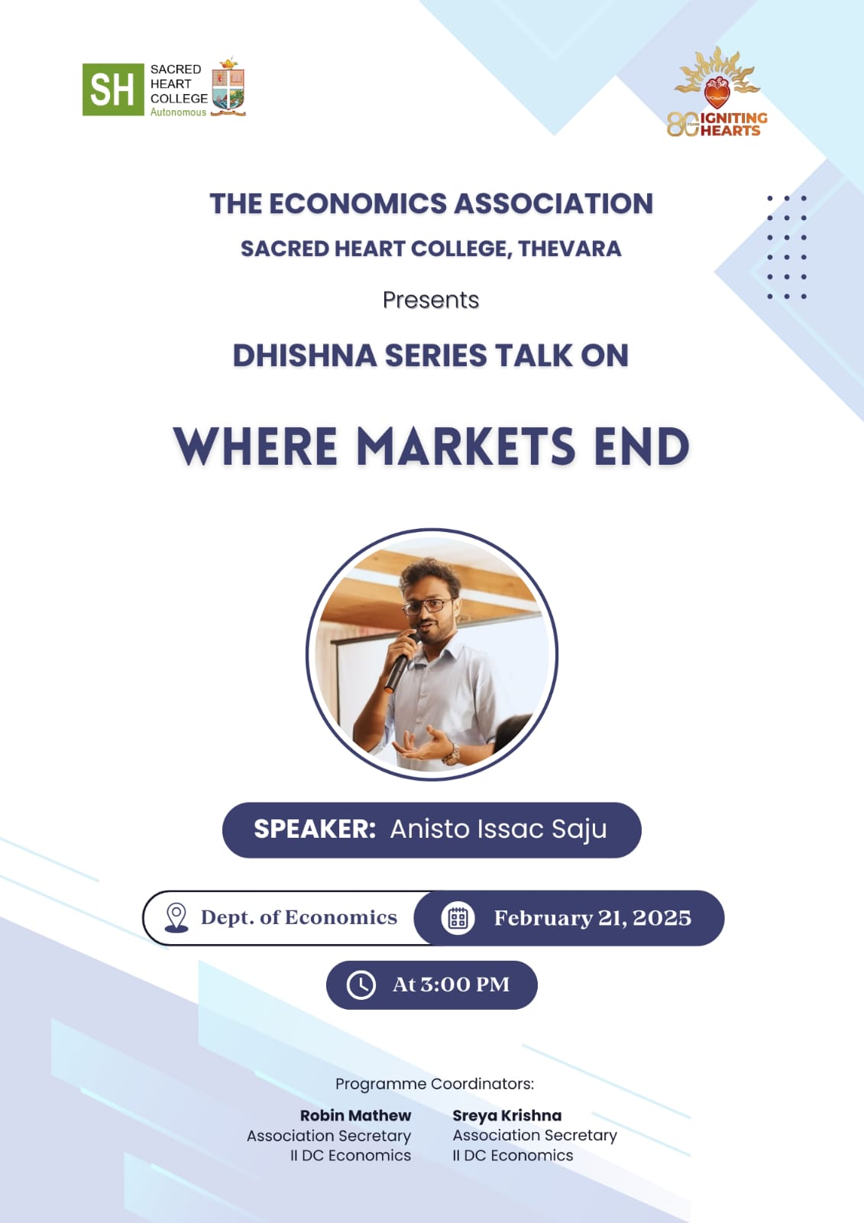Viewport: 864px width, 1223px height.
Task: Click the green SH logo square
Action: [x=113, y=89]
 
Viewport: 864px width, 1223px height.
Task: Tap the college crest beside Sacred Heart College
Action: [x=228, y=86]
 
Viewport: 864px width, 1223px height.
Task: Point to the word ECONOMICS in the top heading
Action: [x=358, y=203]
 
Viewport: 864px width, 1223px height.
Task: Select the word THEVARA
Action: [x=569, y=249]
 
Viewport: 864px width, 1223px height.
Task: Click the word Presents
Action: [x=431, y=300]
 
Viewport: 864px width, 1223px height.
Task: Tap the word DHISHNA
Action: [x=305, y=355]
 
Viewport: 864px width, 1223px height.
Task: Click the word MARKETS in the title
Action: [x=466, y=446]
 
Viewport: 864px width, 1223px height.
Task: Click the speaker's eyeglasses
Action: [x=429, y=605]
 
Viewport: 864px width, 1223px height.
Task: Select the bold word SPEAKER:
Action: [x=315, y=829]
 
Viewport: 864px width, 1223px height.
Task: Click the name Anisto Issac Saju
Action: [x=498, y=829]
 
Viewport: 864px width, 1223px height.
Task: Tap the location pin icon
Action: [x=176, y=917]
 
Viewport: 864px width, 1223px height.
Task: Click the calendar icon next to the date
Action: [x=458, y=918]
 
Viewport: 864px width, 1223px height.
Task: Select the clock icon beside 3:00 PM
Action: [x=361, y=985]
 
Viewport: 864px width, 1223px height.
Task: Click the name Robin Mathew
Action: [x=355, y=1115]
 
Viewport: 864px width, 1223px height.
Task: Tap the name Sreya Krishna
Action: [x=507, y=1115]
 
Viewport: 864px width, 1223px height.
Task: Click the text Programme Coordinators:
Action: [x=435, y=1084]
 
